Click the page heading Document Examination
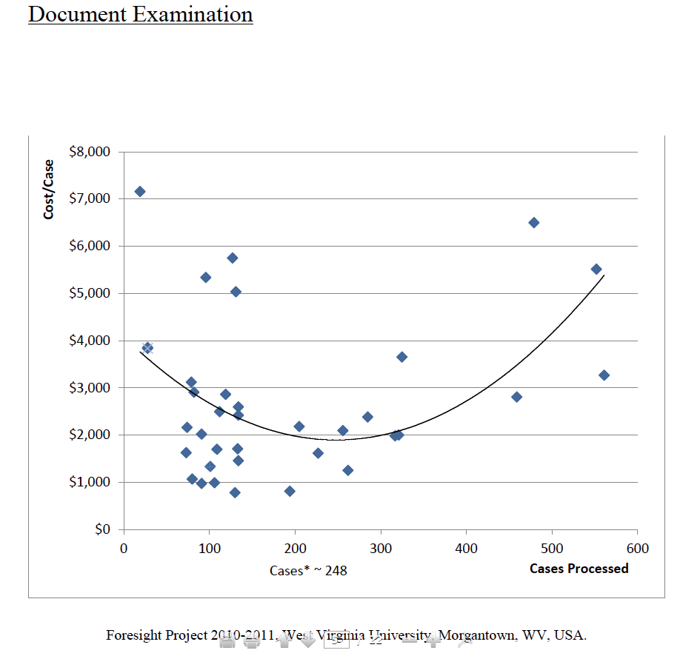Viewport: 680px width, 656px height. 140,14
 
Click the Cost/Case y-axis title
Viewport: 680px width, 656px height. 49,190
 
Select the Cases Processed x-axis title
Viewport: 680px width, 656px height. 579,569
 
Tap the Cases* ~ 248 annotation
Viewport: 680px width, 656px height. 308,571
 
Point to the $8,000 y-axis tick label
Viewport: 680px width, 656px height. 89,152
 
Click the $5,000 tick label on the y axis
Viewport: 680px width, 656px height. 89,293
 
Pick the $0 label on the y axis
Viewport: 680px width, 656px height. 101,529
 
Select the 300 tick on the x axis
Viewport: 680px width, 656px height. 381,549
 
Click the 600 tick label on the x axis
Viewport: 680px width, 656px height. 637,549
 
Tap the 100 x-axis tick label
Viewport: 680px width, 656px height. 209,549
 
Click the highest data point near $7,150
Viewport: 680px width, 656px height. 139,192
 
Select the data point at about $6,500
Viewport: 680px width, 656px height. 533,223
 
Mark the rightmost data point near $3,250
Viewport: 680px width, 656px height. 604,375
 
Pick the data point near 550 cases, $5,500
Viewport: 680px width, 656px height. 596,270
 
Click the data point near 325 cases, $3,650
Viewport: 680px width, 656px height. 401,357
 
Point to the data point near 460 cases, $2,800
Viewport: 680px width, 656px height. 516,397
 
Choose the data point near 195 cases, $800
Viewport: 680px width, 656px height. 290,492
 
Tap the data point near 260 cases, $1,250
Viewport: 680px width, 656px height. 347,470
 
